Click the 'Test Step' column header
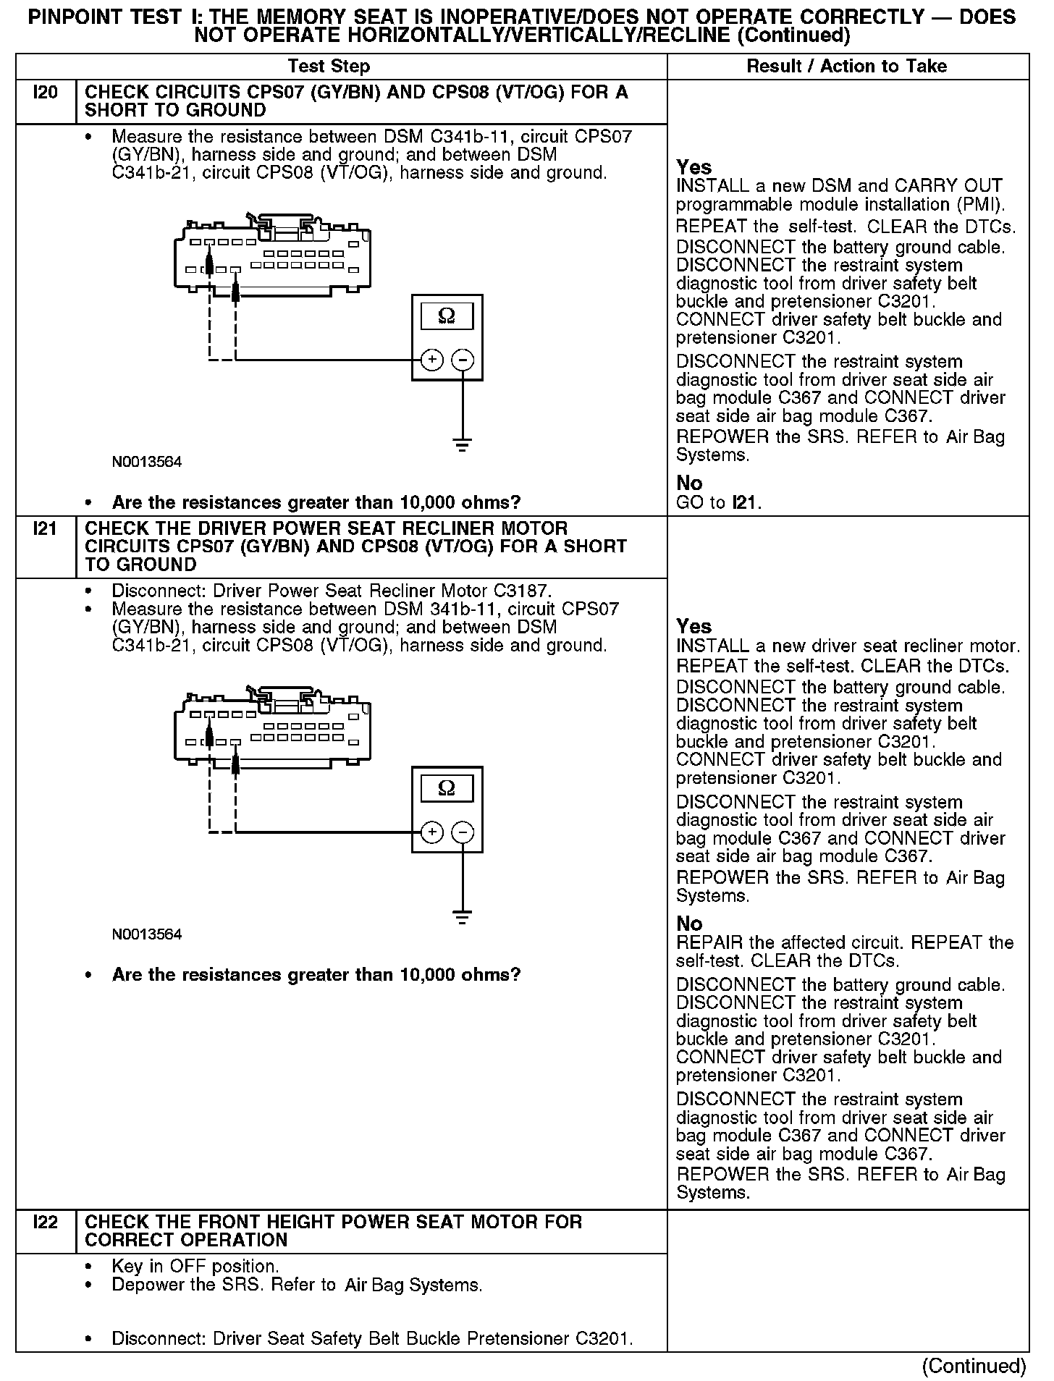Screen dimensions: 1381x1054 click(329, 67)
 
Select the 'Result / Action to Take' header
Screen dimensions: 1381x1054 click(846, 67)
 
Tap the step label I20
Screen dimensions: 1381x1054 click(45, 93)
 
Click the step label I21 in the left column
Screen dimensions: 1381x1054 click(45, 529)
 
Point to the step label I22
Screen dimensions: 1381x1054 click(45, 1222)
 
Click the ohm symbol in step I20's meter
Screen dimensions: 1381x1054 click(447, 316)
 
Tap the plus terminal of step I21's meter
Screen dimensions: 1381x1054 click(431, 832)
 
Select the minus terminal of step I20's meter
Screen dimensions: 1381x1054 click(463, 360)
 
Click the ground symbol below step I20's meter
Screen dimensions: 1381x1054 click(463, 444)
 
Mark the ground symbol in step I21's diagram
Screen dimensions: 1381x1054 click(463, 916)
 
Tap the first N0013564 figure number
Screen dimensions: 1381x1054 click(147, 462)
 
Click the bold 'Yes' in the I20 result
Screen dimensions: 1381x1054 click(694, 167)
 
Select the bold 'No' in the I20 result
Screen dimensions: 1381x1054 click(689, 483)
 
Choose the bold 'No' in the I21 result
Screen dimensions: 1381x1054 click(689, 924)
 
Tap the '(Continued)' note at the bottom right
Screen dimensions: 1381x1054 click(974, 1366)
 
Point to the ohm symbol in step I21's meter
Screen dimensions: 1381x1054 click(447, 788)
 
